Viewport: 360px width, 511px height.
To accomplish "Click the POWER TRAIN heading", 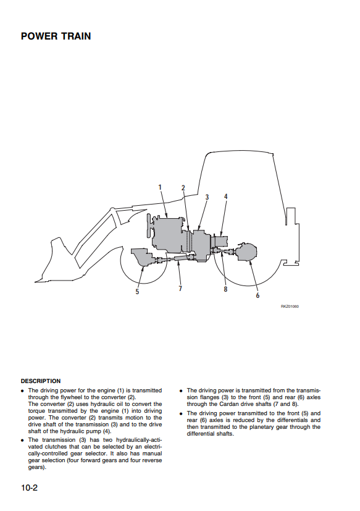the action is click(x=56, y=36).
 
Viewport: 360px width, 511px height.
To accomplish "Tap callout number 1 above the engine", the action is click(x=160, y=187).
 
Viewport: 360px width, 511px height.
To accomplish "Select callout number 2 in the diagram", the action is click(x=183, y=188).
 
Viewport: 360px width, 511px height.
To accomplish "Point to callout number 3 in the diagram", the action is click(x=207, y=197).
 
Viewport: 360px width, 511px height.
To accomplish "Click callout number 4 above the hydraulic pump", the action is click(x=226, y=196).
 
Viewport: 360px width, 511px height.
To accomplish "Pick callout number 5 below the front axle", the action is click(x=137, y=292).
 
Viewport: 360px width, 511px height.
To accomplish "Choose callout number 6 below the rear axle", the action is click(x=257, y=295).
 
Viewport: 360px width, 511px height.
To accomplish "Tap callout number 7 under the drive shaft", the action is click(x=180, y=288).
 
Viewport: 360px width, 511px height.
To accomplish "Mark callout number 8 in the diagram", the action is click(x=225, y=289).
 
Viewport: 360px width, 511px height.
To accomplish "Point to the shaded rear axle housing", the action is click(x=246, y=251).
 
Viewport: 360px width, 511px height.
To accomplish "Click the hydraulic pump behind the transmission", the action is click(x=220, y=242).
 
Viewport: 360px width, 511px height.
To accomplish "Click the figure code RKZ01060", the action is click(x=290, y=306).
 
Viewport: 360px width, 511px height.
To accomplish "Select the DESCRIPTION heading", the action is click(x=41, y=381).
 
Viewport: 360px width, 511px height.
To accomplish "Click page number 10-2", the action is click(x=29, y=488).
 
